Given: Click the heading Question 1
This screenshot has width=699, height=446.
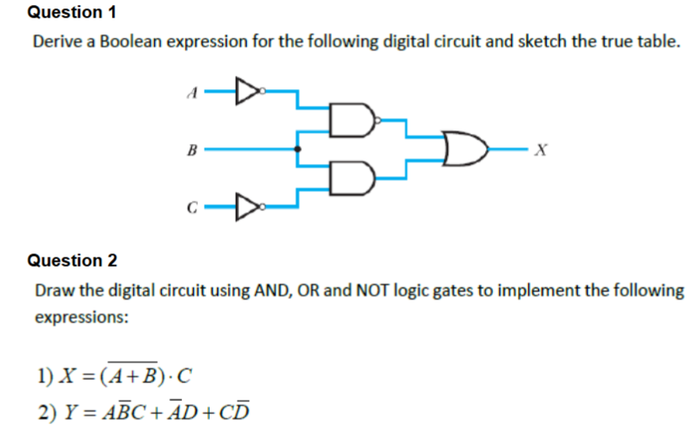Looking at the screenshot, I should coord(72,13).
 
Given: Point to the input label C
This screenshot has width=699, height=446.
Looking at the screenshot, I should coord(194,204).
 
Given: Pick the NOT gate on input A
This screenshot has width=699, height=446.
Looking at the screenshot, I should coord(244,88).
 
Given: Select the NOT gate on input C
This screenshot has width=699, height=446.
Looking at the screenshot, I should coord(244,202).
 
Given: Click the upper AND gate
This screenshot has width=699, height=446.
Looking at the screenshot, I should coord(352,122).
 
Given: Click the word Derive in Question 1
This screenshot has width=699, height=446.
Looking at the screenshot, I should coord(56,41).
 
